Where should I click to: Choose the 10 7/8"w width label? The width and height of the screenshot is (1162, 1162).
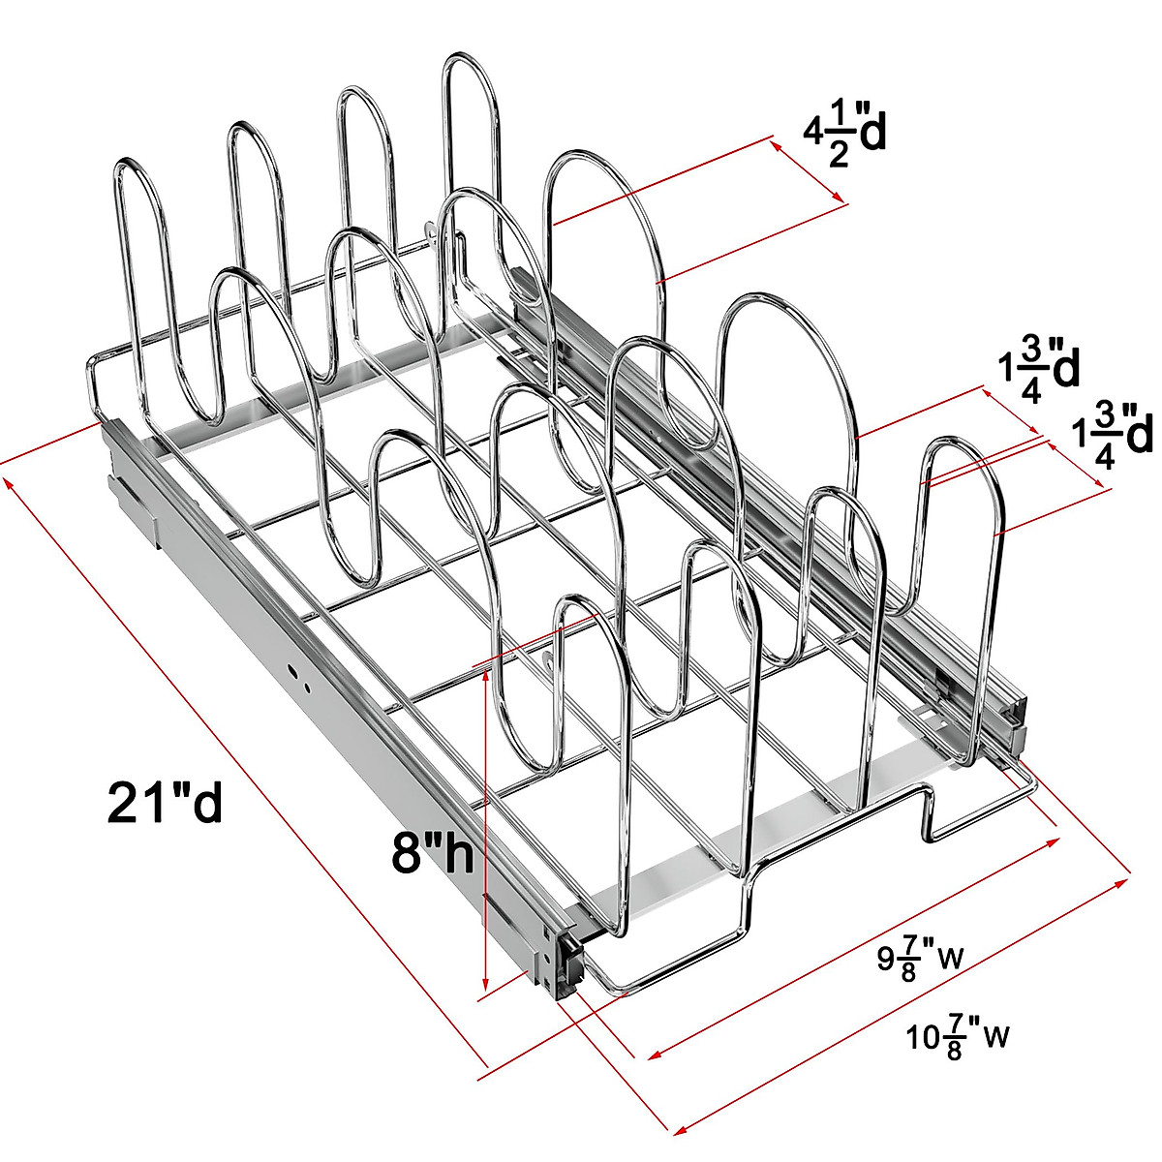click(x=958, y=1038)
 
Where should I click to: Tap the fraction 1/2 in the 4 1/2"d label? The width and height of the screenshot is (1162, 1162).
click(x=839, y=138)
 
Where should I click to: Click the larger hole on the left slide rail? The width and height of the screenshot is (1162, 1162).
click(x=292, y=668)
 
